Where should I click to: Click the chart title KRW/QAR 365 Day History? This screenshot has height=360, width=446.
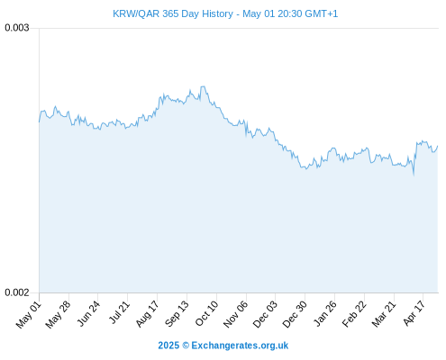[x=173, y=13]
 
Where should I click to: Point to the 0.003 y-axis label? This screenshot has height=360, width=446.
[x=17, y=28]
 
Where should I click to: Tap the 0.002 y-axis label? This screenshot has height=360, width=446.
[x=17, y=292]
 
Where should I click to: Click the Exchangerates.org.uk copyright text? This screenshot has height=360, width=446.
[x=223, y=346]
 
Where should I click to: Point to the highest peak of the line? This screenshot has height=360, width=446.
[x=204, y=86]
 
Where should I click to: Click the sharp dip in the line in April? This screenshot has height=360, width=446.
[x=414, y=174]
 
